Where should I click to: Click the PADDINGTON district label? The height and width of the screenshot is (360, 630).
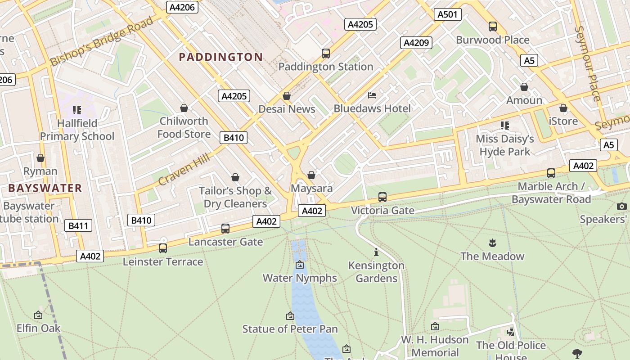pyautogui.click(x=220, y=57)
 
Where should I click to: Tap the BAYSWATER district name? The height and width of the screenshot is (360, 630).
pyautogui.click(x=45, y=188)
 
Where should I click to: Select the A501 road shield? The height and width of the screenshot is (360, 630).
pyautogui.click(x=447, y=14)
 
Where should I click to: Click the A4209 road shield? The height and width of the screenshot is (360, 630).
pyautogui.click(x=416, y=43)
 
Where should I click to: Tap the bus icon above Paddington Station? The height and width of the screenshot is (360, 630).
pyautogui.click(x=326, y=53)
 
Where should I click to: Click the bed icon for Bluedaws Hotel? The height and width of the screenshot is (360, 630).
pyautogui.click(x=372, y=95)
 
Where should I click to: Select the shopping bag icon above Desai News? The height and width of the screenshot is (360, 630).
pyautogui.click(x=287, y=96)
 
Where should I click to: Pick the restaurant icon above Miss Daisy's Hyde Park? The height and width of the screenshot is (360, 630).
pyautogui.click(x=505, y=125)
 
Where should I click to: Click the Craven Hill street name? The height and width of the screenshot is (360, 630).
pyautogui.click(x=184, y=169)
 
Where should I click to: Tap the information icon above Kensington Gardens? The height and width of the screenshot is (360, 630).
pyautogui.click(x=376, y=252)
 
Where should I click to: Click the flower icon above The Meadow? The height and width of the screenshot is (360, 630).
pyautogui.click(x=492, y=243)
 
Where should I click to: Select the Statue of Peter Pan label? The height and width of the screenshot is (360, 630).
pyautogui.click(x=290, y=329)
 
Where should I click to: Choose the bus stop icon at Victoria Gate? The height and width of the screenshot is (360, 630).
pyautogui.click(x=382, y=197)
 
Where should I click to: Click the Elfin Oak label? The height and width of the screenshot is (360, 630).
pyautogui.click(x=38, y=328)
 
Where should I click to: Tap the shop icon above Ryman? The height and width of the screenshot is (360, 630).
pyautogui.click(x=40, y=158)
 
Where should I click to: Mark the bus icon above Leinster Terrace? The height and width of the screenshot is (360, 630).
pyautogui.click(x=163, y=248)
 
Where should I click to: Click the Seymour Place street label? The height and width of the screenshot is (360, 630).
pyautogui.click(x=588, y=63)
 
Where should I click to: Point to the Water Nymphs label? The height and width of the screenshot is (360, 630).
pyautogui.click(x=300, y=278)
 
